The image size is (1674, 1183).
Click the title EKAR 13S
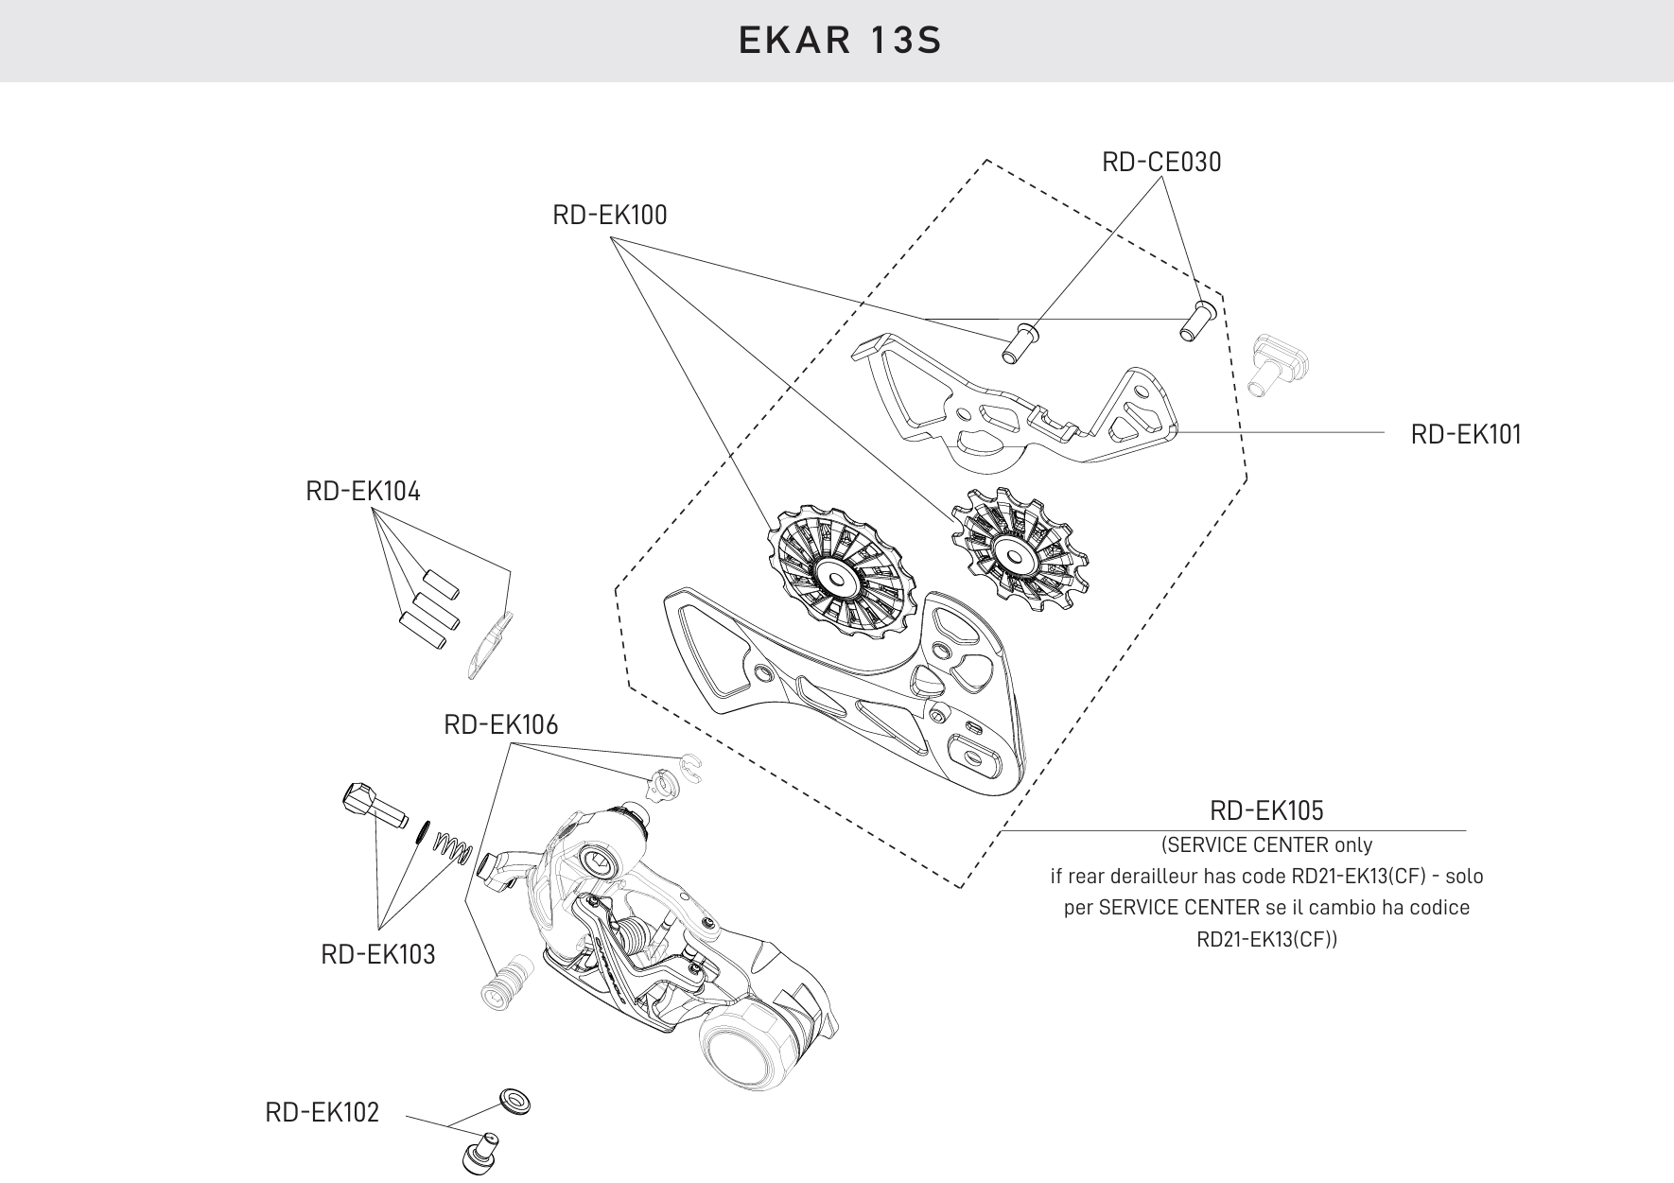[840, 42]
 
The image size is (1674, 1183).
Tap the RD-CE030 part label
[1161, 163]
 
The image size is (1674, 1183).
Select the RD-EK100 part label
[609, 216]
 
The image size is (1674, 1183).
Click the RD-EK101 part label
[1466, 435]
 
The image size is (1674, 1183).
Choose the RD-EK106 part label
[501, 725]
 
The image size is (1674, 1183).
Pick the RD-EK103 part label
[378, 955]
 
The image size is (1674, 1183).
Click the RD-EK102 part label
[323, 1113]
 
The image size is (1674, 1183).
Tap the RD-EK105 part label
[1266, 811]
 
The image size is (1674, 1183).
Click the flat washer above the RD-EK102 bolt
[514, 1100]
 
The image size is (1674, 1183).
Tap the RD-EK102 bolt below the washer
[480, 1152]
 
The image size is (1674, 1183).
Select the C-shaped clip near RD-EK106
[691, 766]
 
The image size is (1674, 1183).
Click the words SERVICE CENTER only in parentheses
[1266, 844]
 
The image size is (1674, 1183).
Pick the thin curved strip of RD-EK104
[489, 643]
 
